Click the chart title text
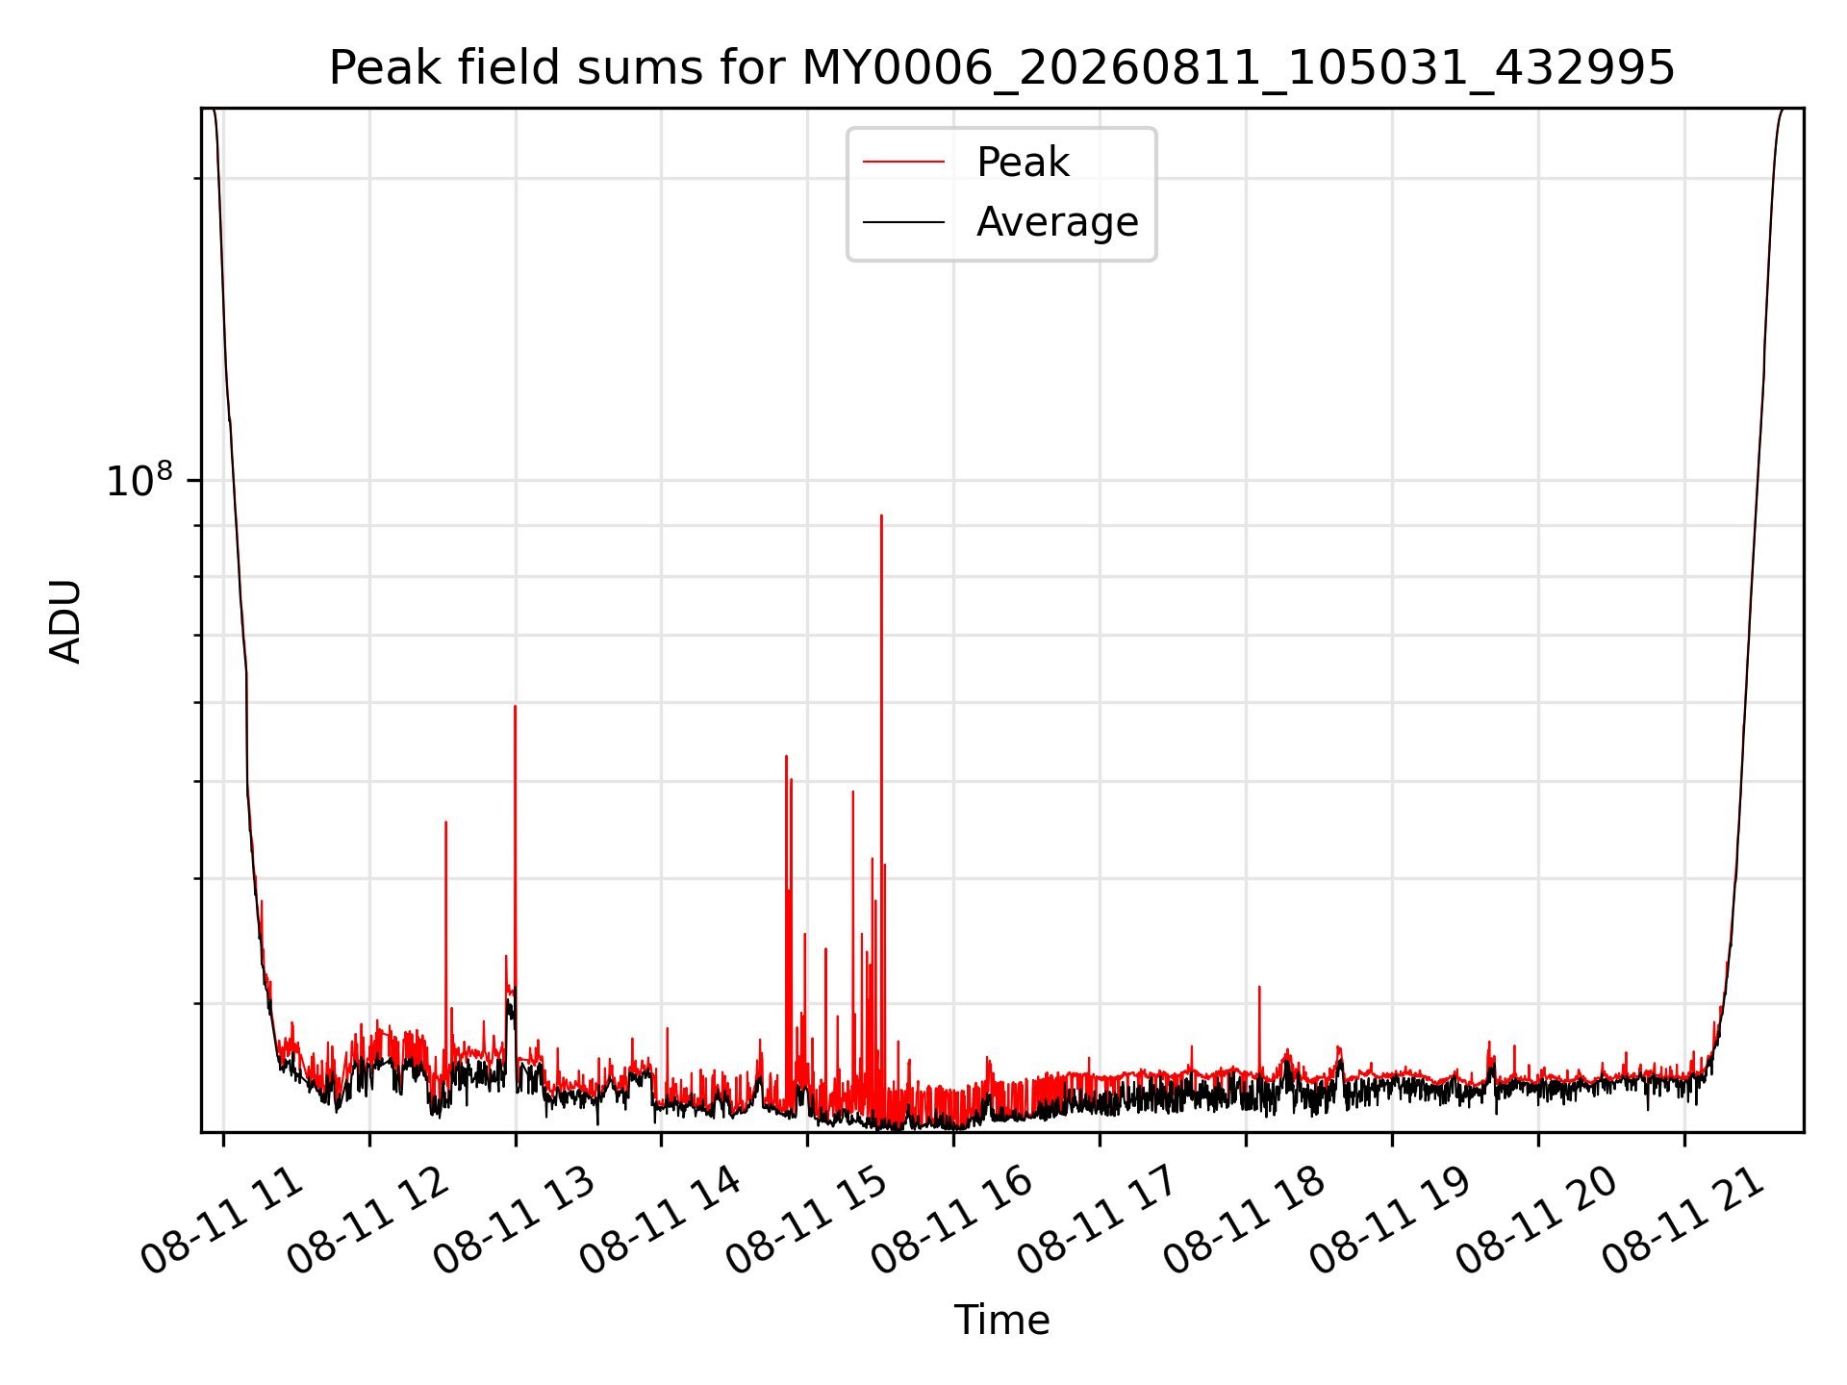point(1001,68)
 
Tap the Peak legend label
point(1023,163)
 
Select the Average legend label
point(1057,222)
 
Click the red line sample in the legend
point(903,163)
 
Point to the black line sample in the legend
point(903,222)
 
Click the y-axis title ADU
point(66,621)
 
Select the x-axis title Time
point(1001,1321)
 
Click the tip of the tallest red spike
point(881,516)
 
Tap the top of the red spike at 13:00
point(515,707)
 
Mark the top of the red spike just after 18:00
point(1259,987)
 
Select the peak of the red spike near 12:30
point(445,822)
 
